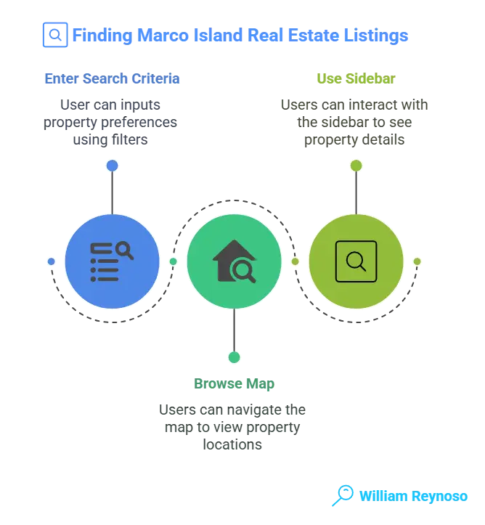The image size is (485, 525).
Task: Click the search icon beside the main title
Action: coord(54,35)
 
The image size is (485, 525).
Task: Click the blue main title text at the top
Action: coord(240,35)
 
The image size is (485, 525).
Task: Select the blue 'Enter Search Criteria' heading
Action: coord(112,78)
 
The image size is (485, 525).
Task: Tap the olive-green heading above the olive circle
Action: coord(355,78)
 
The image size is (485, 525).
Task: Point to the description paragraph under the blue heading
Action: coord(112,120)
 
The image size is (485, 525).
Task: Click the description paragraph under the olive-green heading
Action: coord(355,120)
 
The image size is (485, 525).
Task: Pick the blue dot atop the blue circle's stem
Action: coord(112,166)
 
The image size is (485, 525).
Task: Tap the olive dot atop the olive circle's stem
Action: coord(355,166)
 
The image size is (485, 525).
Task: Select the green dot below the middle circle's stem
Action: coord(234,357)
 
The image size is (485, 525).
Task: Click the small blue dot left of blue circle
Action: coord(51,261)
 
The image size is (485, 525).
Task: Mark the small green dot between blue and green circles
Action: coord(173,261)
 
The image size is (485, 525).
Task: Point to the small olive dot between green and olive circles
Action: coord(295,261)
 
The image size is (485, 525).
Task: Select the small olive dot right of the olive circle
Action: coord(417,261)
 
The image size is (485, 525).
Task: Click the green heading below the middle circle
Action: coord(234,383)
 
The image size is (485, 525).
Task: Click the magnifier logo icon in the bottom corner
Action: coord(342,496)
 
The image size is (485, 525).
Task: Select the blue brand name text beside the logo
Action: coord(413,497)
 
